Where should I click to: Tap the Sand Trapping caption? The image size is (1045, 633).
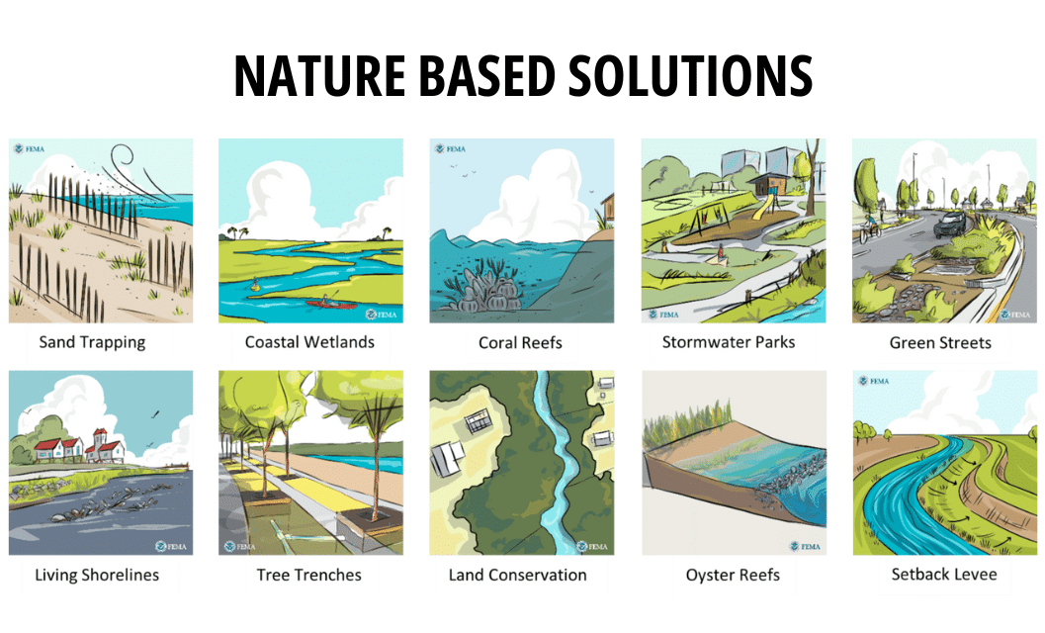click(92, 342)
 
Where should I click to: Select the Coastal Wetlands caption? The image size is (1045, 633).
click(309, 342)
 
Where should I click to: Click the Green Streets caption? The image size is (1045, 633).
click(940, 343)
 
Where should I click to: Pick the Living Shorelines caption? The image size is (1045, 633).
click(97, 575)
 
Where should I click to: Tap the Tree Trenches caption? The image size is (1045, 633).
click(309, 575)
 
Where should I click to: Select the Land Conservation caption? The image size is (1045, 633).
click(518, 575)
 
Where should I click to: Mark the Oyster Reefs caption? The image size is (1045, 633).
click(733, 575)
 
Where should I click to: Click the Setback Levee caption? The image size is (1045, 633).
click(942, 574)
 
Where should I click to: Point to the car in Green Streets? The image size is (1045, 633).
click(952, 224)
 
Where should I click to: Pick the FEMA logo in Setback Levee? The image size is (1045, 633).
click(873, 382)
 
